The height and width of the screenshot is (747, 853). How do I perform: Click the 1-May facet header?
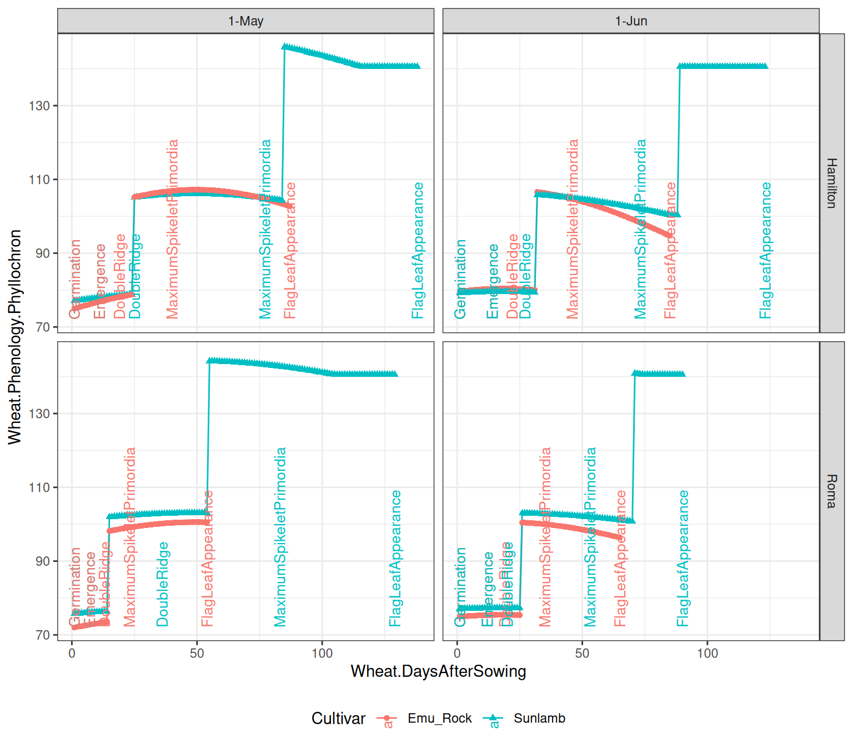[245, 21]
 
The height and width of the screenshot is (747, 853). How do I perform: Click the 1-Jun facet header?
[631, 21]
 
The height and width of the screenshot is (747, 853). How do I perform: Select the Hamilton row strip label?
[831, 183]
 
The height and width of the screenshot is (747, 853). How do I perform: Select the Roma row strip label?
[831, 491]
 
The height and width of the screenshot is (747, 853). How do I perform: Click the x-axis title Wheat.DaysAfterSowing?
[438, 671]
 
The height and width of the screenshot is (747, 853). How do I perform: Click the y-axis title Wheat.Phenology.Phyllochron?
[15, 337]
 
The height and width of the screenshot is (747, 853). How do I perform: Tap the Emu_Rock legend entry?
[439, 718]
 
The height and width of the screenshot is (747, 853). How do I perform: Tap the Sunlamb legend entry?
[539, 718]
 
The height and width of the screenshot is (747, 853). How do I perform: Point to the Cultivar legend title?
[338, 718]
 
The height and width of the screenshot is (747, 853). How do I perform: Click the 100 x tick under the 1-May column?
[322, 654]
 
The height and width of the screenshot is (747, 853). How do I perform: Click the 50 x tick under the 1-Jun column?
[582, 654]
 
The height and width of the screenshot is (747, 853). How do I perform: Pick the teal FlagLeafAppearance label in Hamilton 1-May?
[418, 251]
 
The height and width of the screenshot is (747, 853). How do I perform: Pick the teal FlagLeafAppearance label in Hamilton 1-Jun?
[766, 251]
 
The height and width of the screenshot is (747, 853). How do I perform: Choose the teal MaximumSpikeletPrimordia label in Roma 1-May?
[280, 537]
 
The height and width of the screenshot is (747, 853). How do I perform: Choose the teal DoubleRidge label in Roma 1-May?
[162, 584]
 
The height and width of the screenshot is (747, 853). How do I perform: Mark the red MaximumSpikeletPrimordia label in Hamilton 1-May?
[173, 229]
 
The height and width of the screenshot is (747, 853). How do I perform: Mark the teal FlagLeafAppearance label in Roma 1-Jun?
[683, 559]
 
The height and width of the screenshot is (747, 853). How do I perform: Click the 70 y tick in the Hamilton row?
[43, 327]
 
